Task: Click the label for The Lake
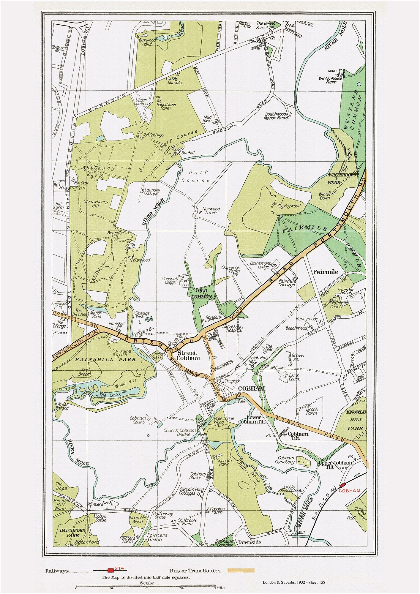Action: tap(106, 395)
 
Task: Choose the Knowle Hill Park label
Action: tap(356, 420)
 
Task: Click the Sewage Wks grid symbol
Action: tap(149, 319)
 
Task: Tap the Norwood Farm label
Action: tap(211, 211)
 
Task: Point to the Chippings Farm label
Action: tap(230, 269)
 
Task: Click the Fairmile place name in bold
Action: tap(325, 271)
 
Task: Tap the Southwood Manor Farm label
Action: tap(276, 116)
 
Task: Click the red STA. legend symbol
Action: tap(110, 571)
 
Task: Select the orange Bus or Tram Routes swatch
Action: tap(241, 571)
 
